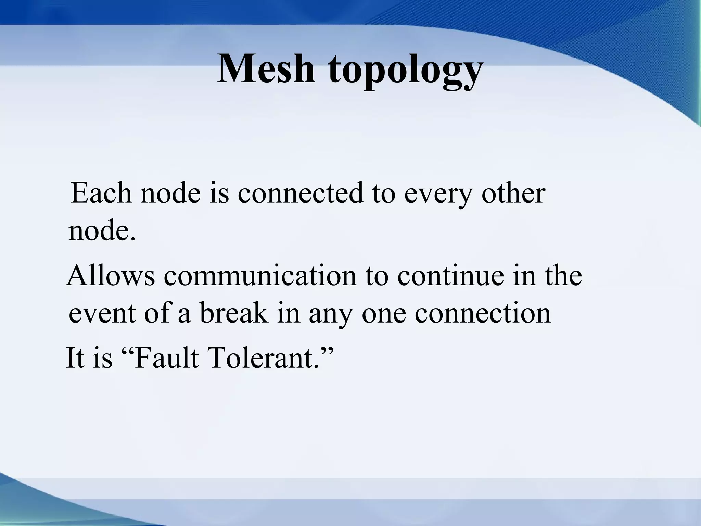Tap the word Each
101,193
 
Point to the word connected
300,193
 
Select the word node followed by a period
102,231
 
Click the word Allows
111,276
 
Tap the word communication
260,276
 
